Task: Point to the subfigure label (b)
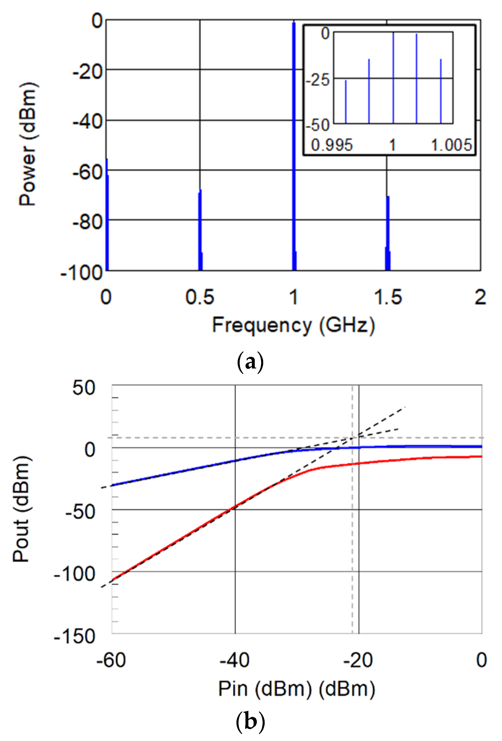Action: [250, 721]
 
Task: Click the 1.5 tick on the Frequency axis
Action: [388, 297]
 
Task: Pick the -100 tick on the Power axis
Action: [82, 273]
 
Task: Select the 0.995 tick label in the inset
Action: [332, 145]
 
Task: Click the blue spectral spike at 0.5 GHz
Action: [200, 230]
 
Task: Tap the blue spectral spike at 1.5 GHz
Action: [388, 233]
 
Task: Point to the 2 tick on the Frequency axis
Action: [480, 297]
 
